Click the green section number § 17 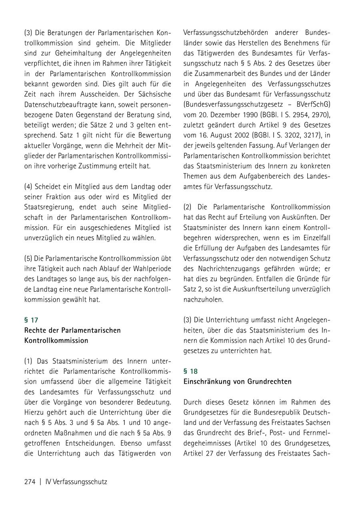click(31, 320)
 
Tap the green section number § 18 click(190, 371)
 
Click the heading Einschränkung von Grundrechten click(238, 381)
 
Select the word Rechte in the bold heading click(35, 330)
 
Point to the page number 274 click(30, 482)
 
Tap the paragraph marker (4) click(28, 186)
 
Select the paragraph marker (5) click(28, 258)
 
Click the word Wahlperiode click(152, 269)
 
